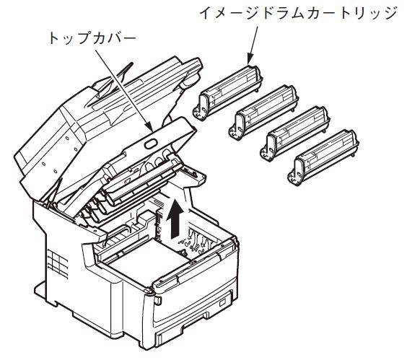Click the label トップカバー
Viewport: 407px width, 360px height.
92,39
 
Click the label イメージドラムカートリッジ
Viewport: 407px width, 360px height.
298,13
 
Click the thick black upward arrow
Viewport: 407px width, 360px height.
176,219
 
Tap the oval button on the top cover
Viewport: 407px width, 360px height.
151,144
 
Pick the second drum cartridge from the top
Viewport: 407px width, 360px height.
263,112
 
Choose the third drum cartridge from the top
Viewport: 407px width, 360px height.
295,133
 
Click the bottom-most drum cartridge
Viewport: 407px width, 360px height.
323,157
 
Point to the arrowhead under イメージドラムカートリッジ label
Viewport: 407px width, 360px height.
250,59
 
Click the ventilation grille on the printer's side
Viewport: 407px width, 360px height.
58,263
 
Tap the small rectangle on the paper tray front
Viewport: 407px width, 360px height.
223,303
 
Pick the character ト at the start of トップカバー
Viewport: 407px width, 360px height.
53,38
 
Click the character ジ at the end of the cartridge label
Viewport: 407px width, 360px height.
390,13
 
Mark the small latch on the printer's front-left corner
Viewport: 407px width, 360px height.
158,300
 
